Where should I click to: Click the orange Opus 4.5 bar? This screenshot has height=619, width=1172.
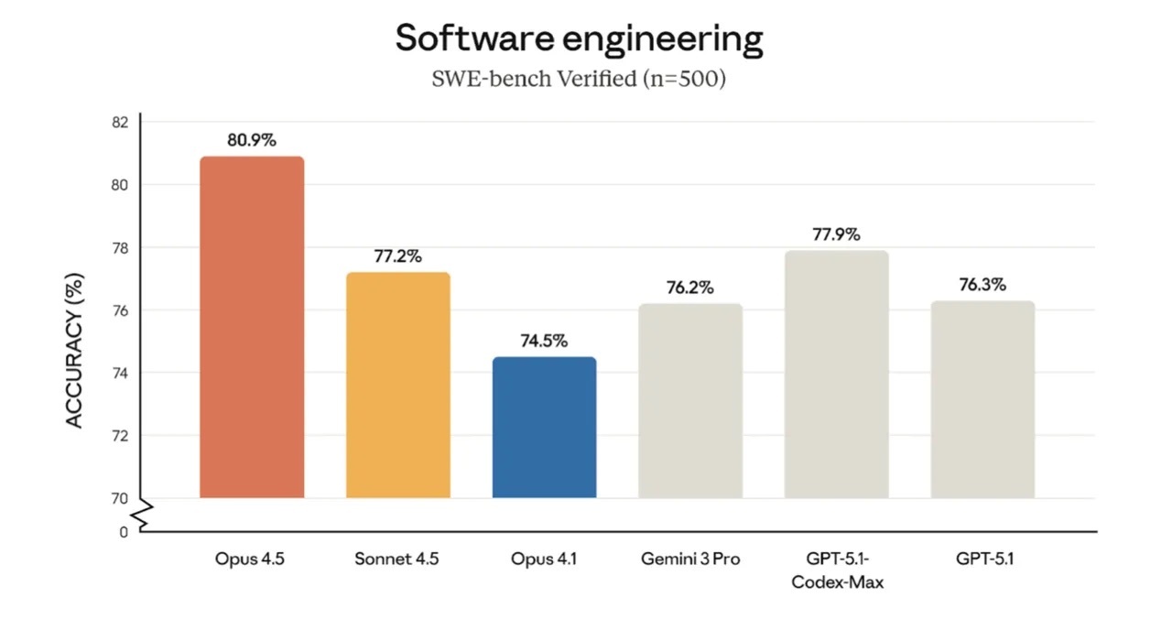point(252,327)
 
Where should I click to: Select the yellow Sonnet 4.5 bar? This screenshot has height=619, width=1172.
point(398,386)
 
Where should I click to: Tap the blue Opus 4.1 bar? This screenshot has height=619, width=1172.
point(544,428)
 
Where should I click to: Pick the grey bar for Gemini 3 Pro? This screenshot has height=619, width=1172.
point(690,401)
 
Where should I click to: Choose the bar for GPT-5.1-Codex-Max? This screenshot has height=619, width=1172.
point(837,375)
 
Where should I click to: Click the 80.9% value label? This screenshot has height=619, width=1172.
point(252,140)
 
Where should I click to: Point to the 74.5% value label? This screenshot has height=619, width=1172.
point(544,342)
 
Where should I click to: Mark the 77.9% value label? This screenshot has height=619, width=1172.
point(837,234)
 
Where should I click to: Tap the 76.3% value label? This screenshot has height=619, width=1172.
point(982,285)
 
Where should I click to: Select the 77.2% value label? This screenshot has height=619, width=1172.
point(398,256)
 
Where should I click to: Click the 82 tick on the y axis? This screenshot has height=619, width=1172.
point(120,123)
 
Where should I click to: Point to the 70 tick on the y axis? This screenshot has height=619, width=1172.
point(120,499)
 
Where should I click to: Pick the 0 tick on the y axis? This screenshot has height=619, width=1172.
point(124,532)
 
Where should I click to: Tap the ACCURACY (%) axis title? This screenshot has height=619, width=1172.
point(74,350)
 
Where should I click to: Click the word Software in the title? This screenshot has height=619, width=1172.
point(474,38)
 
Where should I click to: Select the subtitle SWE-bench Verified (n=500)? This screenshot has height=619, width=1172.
point(579,79)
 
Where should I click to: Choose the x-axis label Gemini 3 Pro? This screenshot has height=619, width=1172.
point(690,559)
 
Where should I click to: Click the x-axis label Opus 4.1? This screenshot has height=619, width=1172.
point(544,559)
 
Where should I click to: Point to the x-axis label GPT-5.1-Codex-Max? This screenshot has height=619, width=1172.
point(837,570)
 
